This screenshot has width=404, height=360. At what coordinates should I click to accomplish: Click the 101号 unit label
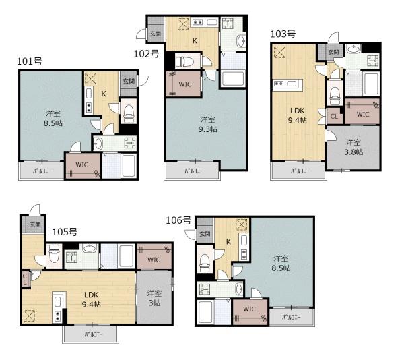point(30,61)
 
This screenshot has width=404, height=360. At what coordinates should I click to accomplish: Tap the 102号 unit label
point(146,54)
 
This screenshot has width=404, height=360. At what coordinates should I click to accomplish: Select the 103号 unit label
point(283,34)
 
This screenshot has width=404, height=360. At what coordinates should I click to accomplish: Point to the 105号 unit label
point(65,232)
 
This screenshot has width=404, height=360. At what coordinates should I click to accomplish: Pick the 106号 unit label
point(178,220)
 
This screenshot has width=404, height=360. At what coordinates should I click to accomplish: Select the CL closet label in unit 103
point(334,117)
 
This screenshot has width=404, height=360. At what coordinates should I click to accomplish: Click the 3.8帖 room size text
point(353,152)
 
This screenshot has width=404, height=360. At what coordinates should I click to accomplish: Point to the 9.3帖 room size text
point(207,129)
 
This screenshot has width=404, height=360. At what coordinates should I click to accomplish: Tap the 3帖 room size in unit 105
point(154,303)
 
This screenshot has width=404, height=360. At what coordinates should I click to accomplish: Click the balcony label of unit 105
point(94,335)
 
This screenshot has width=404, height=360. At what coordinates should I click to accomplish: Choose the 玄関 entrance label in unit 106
point(205,234)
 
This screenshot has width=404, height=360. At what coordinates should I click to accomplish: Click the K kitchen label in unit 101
point(104,94)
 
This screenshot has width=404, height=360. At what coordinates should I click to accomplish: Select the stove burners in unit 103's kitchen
point(279,84)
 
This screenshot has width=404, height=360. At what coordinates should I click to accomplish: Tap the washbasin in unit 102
point(241,40)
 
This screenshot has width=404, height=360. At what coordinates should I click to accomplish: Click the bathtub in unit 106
point(205,311)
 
